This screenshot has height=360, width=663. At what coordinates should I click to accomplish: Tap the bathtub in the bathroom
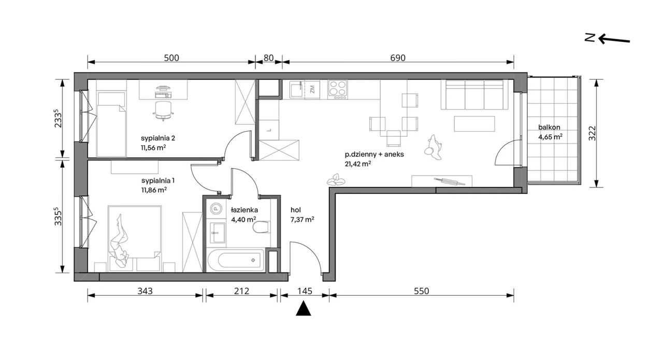pyautogui.click(x=236, y=260)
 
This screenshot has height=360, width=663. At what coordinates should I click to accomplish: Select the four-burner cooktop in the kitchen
pyautogui.click(x=337, y=90)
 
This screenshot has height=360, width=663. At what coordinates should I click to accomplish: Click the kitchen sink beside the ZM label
pyautogui.click(x=296, y=89)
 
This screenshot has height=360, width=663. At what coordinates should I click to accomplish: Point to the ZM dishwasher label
pyautogui.click(x=312, y=89)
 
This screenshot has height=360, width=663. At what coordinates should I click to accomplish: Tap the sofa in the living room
pyautogui.click(x=472, y=95)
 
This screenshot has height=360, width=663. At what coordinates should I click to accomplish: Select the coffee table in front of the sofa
pyautogui.click(x=474, y=124)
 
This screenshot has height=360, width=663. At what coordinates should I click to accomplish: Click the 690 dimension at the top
pyautogui.click(x=397, y=58)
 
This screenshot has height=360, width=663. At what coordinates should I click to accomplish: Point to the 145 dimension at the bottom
pyautogui.click(x=305, y=291)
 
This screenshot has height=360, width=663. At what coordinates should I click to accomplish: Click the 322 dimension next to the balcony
pyautogui.click(x=592, y=133)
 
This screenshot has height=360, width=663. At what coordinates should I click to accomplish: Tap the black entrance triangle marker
pyautogui.click(x=304, y=309)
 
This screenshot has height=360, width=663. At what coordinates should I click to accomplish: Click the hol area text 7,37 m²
pyautogui.click(x=302, y=220)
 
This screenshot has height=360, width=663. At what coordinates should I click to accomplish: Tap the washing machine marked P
pyautogui.click(x=216, y=209)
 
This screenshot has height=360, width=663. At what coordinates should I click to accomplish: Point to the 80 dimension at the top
pyautogui.click(x=268, y=58)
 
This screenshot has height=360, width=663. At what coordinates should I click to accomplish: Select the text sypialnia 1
pyautogui.click(x=158, y=181)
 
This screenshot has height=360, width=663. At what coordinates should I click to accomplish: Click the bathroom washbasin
pyautogui.click(x=218, y=233)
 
